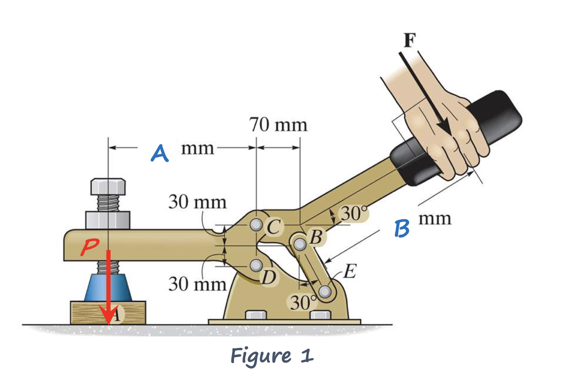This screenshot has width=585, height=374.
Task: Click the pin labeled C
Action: [x=257, y=225]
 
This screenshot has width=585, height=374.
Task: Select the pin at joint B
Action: [x=300, y=244]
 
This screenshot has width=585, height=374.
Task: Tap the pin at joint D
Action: [x=257, y=265]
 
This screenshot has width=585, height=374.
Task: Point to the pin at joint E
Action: [x=324, y=291]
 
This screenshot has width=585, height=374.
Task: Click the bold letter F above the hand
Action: [x=410, y=40]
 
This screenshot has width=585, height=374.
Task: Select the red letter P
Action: [x=90, y=248]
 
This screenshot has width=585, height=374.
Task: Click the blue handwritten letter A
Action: [x=159, y=153]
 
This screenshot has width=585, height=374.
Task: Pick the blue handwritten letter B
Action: [x=402, y=228]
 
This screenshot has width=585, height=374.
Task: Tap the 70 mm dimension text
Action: [x=278, y=125]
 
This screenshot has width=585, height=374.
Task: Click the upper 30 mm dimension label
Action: [x=197, y=202]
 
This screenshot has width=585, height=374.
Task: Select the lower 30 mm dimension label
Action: [x=197, y=284]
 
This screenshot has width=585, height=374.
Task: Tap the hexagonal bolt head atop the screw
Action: [x=108, y=186]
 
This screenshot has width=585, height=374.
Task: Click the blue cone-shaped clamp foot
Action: [x=108, y=288]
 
